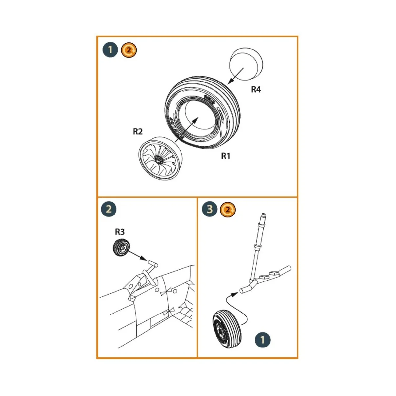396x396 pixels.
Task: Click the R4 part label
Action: pos(256,89)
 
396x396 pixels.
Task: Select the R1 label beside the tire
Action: pos(225,156)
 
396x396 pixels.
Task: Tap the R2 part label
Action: pos(138,131)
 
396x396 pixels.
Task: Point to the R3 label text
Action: pos(120,232)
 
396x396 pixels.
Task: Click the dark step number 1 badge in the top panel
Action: pos(110,50)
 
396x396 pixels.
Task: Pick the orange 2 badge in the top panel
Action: pos(129,50)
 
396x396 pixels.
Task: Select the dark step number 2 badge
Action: pos(109,209)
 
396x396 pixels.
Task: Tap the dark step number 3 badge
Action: pos(210,209)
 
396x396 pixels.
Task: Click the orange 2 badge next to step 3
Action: pos(228,209)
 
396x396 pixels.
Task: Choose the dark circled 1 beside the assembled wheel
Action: pos(262,340)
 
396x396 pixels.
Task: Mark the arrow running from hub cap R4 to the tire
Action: pos(236,76)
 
